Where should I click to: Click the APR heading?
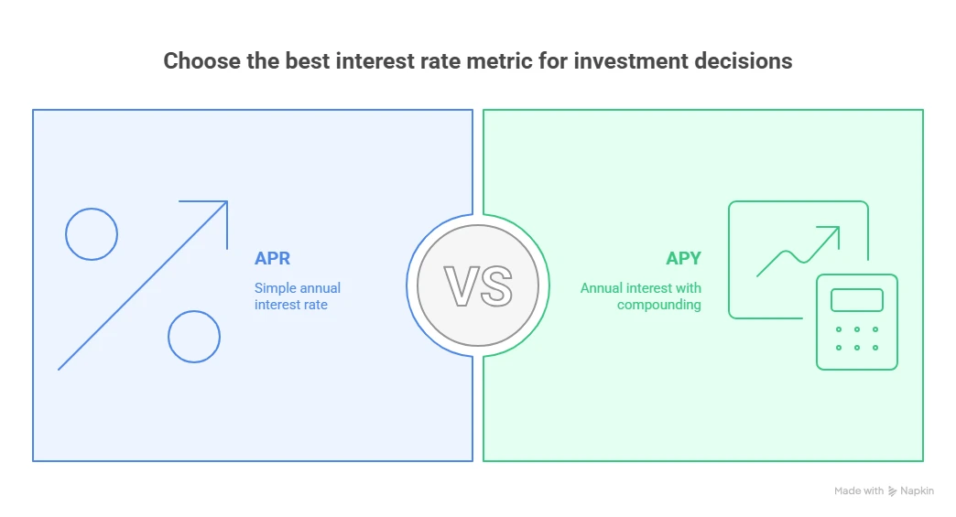[x=272, y=259]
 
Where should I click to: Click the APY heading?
[x=683, y=259]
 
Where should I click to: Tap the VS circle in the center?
[x=477, y=285]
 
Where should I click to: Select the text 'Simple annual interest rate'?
[x=297, y=296]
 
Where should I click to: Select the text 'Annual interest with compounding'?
[x=641, y=296]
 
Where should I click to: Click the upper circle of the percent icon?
[x=92, y=234]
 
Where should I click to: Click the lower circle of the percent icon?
[x=194, y=337]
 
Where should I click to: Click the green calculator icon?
[x=856, y=322]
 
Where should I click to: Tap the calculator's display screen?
[x=856, y=300]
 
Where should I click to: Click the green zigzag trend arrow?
[x=798, y=252]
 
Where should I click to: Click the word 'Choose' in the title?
[x=195, y=61]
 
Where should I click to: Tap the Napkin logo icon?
[x=893, y=491]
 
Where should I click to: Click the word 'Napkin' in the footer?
[x=918, y=491]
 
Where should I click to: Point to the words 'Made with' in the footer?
[x=859, y=491]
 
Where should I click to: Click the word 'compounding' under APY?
[x=658, y=305]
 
